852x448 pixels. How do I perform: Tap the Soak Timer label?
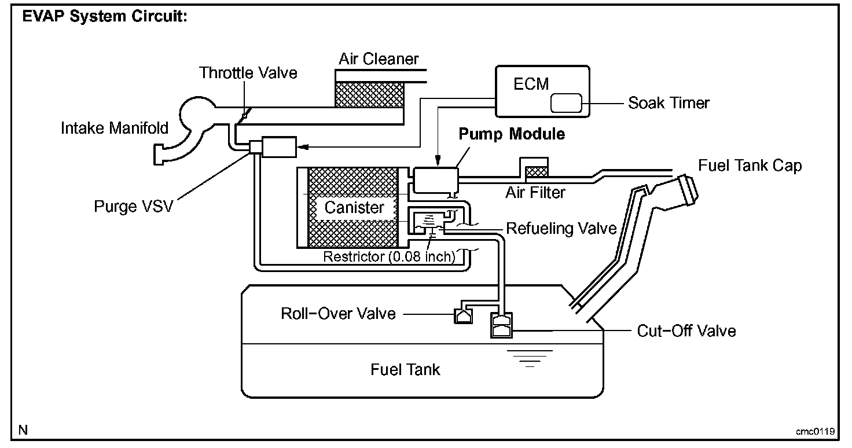(669, 104)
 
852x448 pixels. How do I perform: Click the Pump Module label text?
(511, 134)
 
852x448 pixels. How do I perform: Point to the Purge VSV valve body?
(278, 146)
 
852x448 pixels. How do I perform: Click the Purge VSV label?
(133, 206)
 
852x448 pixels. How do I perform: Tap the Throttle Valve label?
(248, 73)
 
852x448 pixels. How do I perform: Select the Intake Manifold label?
(115, 128)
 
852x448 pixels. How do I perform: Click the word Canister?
(354, 208)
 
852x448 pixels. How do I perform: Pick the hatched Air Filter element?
(536, 171)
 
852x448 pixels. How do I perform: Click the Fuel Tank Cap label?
(750, 166)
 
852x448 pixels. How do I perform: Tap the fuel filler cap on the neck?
(683, 190)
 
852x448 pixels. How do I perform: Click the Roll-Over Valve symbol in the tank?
(463, 315)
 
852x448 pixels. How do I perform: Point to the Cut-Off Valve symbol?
(501, 325)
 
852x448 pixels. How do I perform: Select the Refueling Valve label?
(561, 229)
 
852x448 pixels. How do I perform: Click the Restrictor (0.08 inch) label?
(390, 256)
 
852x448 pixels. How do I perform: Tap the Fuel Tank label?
(405, 369)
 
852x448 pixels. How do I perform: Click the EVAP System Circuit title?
(104, 17)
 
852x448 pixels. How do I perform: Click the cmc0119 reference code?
(814, 431)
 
